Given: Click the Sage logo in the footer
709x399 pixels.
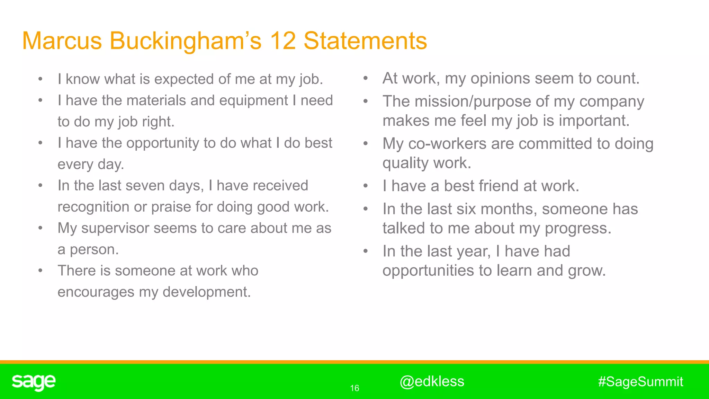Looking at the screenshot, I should (34, 382).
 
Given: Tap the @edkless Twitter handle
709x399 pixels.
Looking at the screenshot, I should (432, 381).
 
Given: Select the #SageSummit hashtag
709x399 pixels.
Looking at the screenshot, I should (640, 382).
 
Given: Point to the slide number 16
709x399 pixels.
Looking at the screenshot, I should (354, 388).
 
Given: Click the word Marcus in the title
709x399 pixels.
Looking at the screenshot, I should (62, 41).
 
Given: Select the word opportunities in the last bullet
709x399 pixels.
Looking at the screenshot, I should (428, 271).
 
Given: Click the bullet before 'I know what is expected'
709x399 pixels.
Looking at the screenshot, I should (41, 79).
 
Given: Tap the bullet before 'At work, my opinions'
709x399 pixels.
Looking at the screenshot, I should (366, 79).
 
